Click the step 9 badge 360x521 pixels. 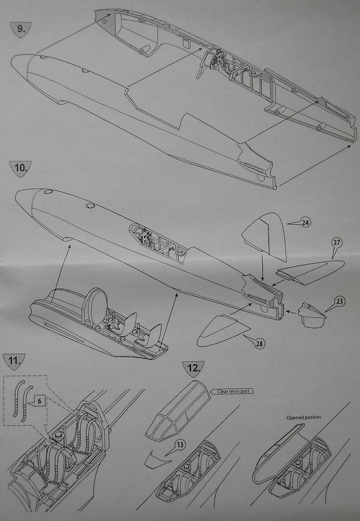coord(20,29)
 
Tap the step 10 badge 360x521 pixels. coord(20,168)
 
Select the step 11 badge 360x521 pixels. coord(14,362)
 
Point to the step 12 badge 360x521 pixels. coord(193,368)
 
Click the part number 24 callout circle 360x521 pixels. coord(306,222)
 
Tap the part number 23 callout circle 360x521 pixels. coord(340,301)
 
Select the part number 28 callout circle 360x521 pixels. coord(260,344)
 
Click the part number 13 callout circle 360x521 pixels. coord(180,445)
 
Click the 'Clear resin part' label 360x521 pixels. coord(235,391)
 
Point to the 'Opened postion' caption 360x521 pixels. coord(303,417)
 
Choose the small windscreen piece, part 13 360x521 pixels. coord(155,460)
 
